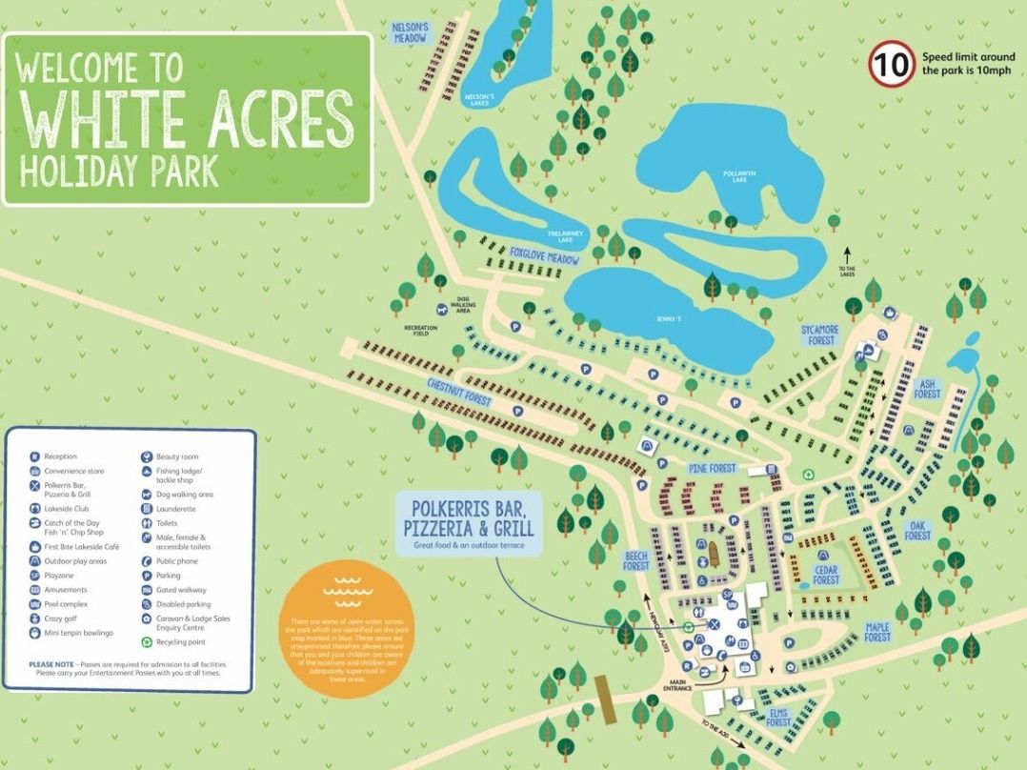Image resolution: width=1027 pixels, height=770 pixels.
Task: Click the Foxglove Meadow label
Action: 545,256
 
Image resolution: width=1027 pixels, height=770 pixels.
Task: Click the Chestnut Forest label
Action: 459,393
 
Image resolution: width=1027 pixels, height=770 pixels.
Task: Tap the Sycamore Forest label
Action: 818,334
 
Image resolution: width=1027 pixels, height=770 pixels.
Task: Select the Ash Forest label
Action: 926,388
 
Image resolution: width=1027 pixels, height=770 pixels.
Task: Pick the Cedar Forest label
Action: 826,575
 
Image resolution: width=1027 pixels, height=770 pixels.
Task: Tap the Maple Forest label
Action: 877,632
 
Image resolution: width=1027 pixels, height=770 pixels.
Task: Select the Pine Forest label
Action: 713,469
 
